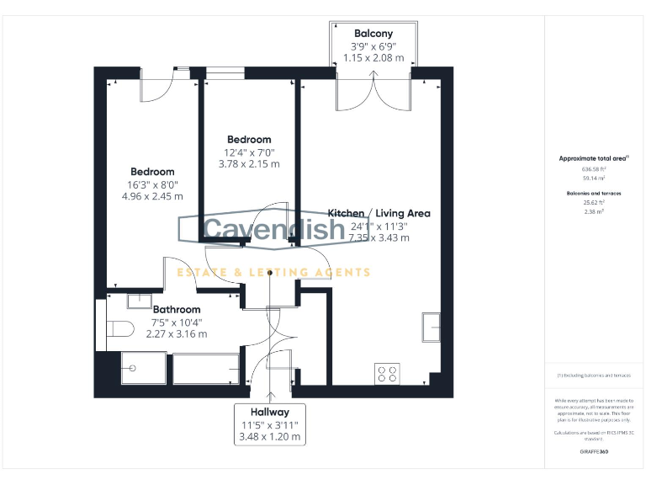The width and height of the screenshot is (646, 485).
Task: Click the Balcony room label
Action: pyautogui.click(x=373, y=34)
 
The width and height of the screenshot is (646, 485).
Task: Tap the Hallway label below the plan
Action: pyautogui.click(x=268, y=412)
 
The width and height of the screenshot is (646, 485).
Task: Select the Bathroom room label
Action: pyautogui.click(x=177, y=309)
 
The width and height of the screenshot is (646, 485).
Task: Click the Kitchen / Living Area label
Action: pyautogui.click(x=379, y=213)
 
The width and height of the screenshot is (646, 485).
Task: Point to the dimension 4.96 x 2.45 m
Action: pyautogui.click(x=152, y=196)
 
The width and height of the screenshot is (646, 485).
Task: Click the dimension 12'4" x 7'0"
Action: pyautogui.click(x=249, y=152)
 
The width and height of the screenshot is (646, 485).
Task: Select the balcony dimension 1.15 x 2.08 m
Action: pyautogui.click(x=373, y=58)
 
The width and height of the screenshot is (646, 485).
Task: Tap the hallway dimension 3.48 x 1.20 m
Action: pyautogui.click(x=268, y=437)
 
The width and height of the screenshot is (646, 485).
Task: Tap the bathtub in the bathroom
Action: pyautogui.click(x=205, y=369)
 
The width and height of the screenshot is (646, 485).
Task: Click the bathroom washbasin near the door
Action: pyautogui.click(x=138, y=300)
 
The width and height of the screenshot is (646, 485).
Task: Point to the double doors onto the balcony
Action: pyautogui.click(x=373, y=91)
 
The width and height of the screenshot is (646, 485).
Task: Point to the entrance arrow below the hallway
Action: pyautogui.click(x=269, y=393)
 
